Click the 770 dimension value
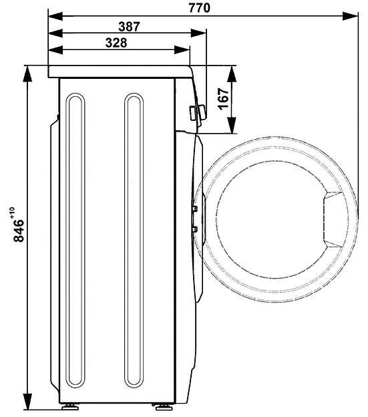(199, 8)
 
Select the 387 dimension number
(129, 27)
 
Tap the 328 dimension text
(116, 43)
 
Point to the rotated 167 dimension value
(223, 99)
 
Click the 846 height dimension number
(19, 231)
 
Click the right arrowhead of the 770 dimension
(350, 16)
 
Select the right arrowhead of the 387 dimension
(198, 33)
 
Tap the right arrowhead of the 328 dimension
(182, 49)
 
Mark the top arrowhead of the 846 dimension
(27, 74)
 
